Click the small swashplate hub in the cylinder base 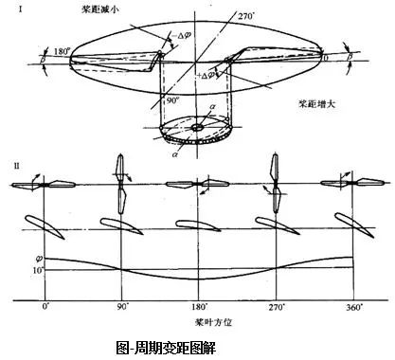(x=196, y=126)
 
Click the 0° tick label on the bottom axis (x=44, y=308)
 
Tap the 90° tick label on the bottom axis (x=121, y=308)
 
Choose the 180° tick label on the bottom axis (x=198, y=308)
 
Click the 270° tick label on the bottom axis (x=276, y=308)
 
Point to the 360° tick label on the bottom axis (x=352, y=308)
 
